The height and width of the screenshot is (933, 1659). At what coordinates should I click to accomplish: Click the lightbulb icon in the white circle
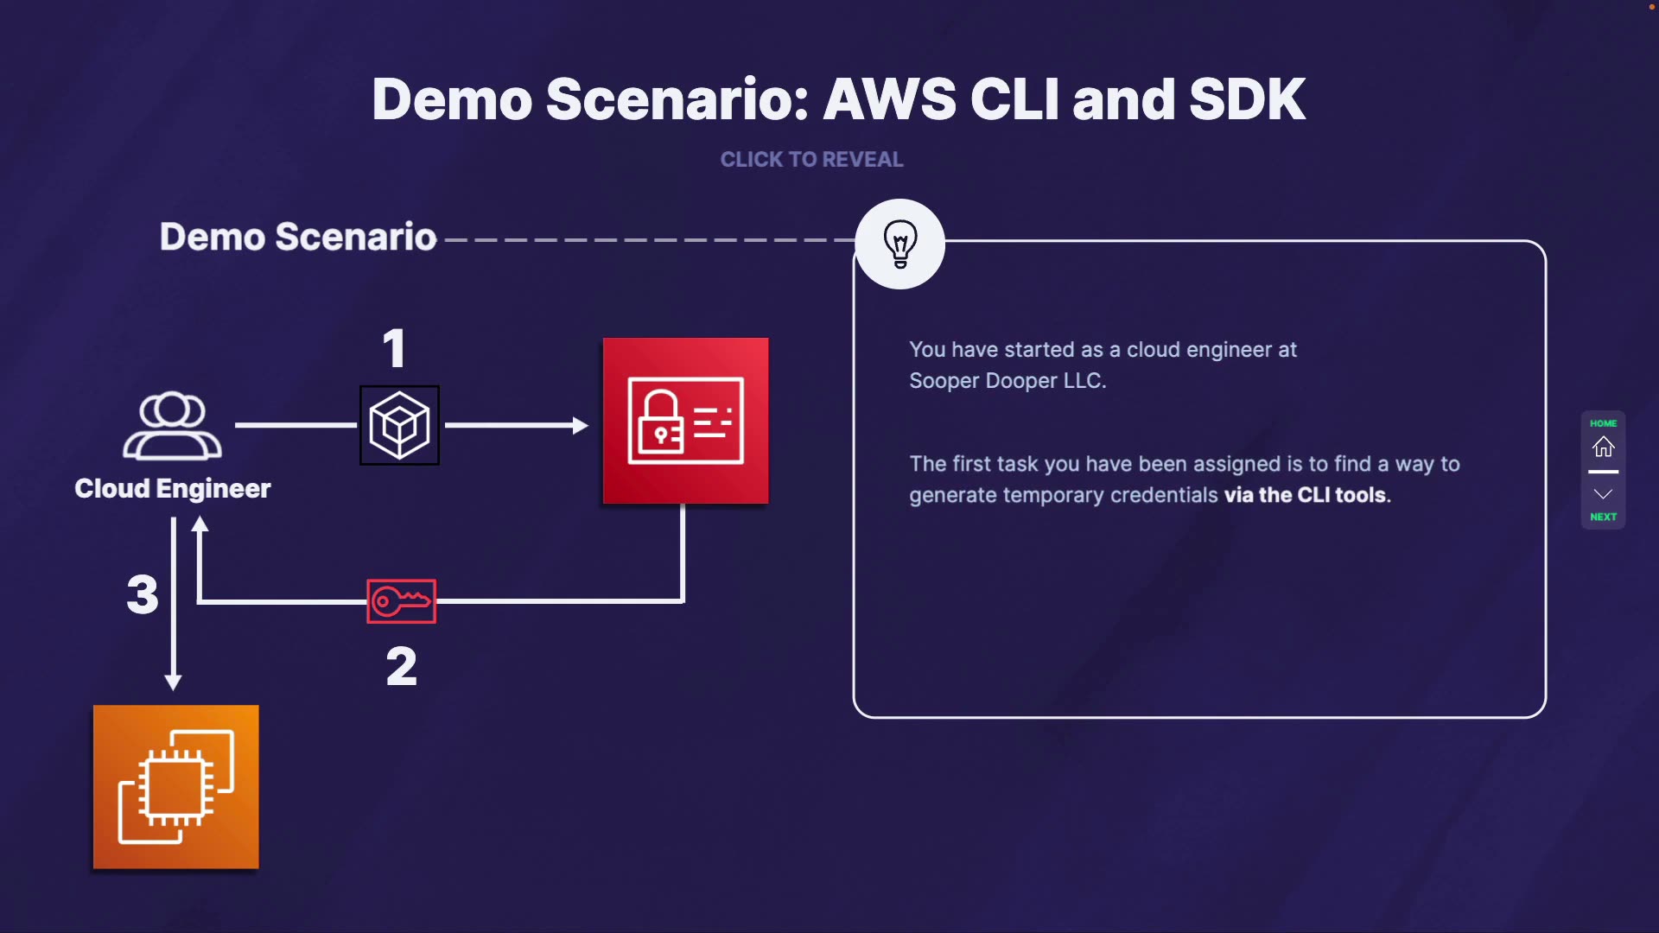899,244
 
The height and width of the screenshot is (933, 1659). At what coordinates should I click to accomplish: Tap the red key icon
401,600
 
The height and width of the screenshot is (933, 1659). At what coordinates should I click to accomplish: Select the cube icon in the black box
399,425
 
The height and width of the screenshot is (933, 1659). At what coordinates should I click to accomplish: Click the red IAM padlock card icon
685,421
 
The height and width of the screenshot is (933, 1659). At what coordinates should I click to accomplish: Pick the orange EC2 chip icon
176,787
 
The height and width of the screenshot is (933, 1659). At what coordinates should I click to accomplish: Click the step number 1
394,349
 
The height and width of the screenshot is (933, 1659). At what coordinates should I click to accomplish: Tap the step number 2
401,667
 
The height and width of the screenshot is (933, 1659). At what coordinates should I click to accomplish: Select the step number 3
143,594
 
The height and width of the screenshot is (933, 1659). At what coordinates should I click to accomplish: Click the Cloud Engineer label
173,489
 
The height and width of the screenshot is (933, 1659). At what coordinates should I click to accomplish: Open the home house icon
1603,447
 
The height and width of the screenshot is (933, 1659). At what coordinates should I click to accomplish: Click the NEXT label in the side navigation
1603,517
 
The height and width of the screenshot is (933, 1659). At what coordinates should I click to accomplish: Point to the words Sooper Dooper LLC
1007,381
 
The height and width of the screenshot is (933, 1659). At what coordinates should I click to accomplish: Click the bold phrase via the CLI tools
1306,495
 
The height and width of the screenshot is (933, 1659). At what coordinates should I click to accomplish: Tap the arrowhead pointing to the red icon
581,425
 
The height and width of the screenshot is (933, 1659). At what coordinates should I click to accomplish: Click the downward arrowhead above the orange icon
173,682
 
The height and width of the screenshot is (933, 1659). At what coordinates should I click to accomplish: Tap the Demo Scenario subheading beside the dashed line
298,237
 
